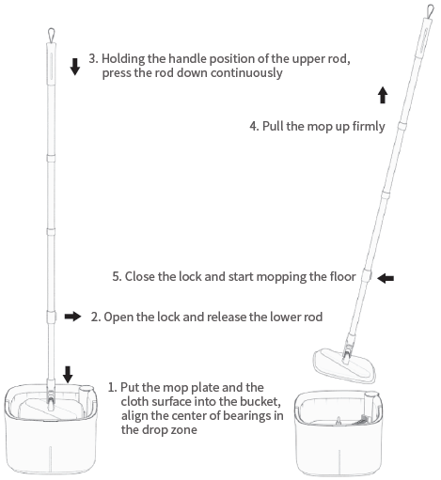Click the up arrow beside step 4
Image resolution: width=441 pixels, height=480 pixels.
click(383, 96)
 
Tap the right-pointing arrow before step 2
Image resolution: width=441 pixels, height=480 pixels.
click(73, 317)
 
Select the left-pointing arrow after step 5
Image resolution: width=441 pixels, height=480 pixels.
click(386, 278)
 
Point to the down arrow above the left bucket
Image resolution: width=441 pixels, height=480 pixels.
click(67, 373)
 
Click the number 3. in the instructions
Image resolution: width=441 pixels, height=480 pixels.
click(93, 58)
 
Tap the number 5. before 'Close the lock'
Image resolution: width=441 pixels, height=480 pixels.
click(117, 278)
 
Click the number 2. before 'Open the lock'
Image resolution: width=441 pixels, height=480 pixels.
click(96, 317)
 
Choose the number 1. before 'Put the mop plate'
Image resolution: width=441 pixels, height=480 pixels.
click(112, 387)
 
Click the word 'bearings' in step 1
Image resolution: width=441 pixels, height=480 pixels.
click(257, 416)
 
